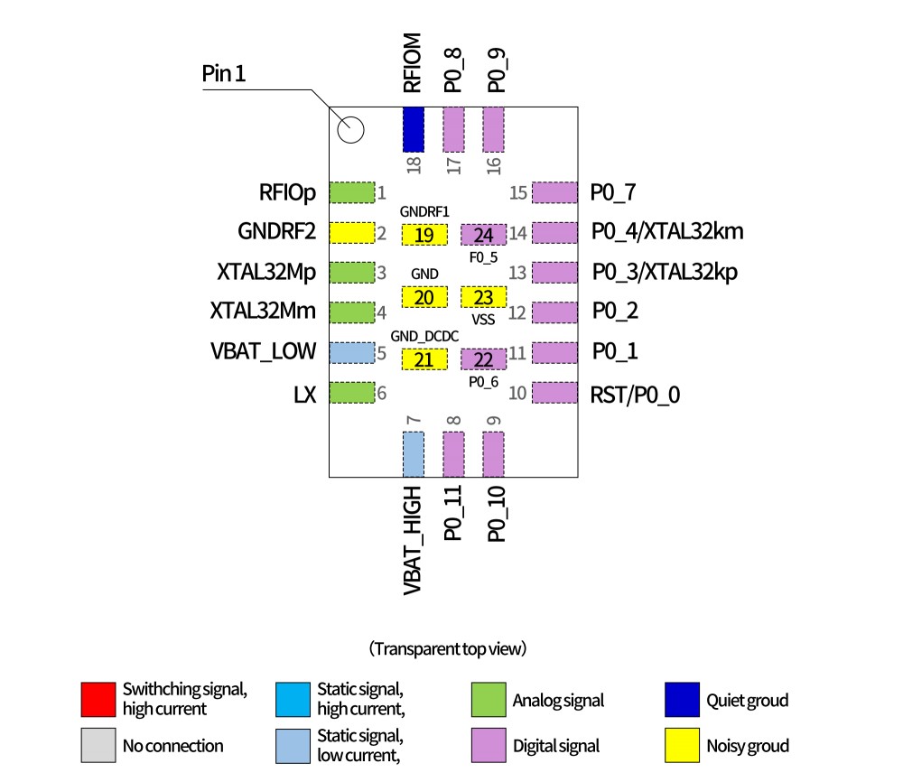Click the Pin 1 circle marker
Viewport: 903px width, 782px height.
click(350, 131)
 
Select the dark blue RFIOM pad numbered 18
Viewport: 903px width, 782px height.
click(414, 129)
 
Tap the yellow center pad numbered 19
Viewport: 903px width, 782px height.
click(424, 236)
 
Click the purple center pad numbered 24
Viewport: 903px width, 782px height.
click(483, 236)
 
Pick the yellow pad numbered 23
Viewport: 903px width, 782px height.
click(483, 297)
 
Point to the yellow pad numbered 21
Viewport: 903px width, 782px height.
click(424, 359)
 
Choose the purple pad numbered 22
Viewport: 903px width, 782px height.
click(483, 359)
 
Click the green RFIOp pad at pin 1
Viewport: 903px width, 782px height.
click(351, 192)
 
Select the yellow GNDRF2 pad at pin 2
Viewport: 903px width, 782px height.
click(351, 233)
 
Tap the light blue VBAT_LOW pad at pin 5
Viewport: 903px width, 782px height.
click(351, 352)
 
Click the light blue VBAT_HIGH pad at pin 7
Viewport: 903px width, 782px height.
click(413, 453)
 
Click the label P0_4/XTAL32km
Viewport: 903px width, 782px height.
click(667, 232)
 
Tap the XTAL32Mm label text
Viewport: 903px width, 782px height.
click(263, 312)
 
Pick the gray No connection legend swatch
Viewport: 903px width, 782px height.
click(98, 745)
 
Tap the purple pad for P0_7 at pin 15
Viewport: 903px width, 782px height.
click(554, 192)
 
